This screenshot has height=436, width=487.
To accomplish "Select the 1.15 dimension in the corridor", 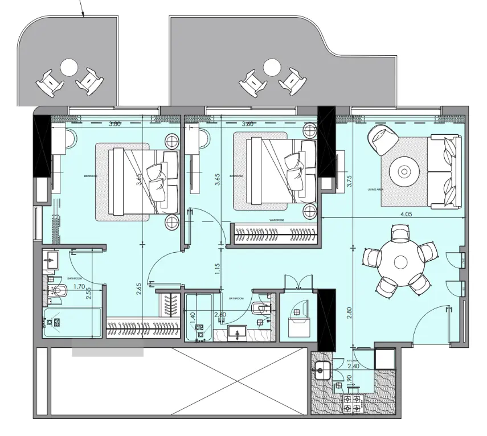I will (x=218, y=268).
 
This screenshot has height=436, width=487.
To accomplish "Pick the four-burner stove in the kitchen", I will (x=353, y=403).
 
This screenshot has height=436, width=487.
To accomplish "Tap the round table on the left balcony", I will (x=68, y=68).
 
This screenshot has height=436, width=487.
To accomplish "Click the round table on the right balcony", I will (x=271, y=68).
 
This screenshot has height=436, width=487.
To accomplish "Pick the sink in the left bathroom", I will (x=51, y=262).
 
